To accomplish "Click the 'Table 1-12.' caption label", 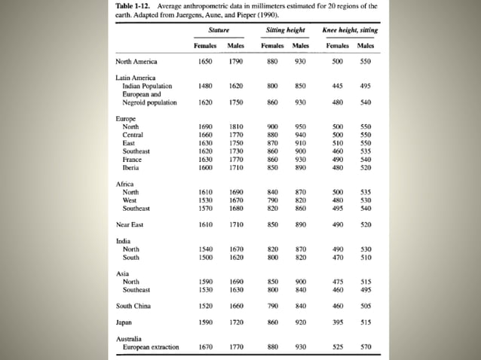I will [x=131, y=6].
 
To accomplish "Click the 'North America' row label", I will [x=136, y=62].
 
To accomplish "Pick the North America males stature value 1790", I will [x=236, y=62].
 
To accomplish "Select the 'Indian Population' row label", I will [x=147, y=86].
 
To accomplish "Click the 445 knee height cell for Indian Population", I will [x=337, y=86].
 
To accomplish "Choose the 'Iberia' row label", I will [x=131, y=168].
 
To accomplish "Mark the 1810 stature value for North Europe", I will [x=236, y=127].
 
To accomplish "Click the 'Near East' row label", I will [x=129, y=224].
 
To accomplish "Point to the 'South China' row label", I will [x=133, y=307].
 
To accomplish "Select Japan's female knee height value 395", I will [x=337, y=322].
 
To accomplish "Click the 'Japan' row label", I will [x=124, y=322].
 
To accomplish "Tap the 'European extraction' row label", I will [x=151, y=347].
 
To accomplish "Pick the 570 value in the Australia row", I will [x=366, y=347].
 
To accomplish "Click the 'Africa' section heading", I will [x=124, y=184].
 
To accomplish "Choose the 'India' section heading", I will [x=123, y=241].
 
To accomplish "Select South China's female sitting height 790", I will [x=273, y=307].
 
